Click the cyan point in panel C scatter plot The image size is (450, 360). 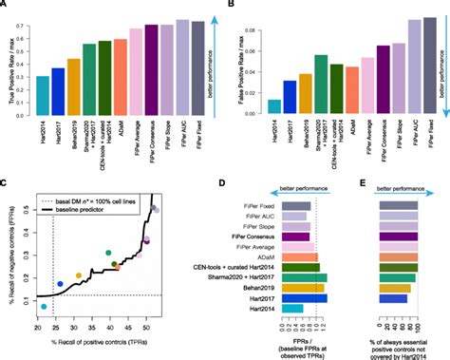coord(43,307)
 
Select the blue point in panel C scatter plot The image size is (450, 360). coord(61,283)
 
